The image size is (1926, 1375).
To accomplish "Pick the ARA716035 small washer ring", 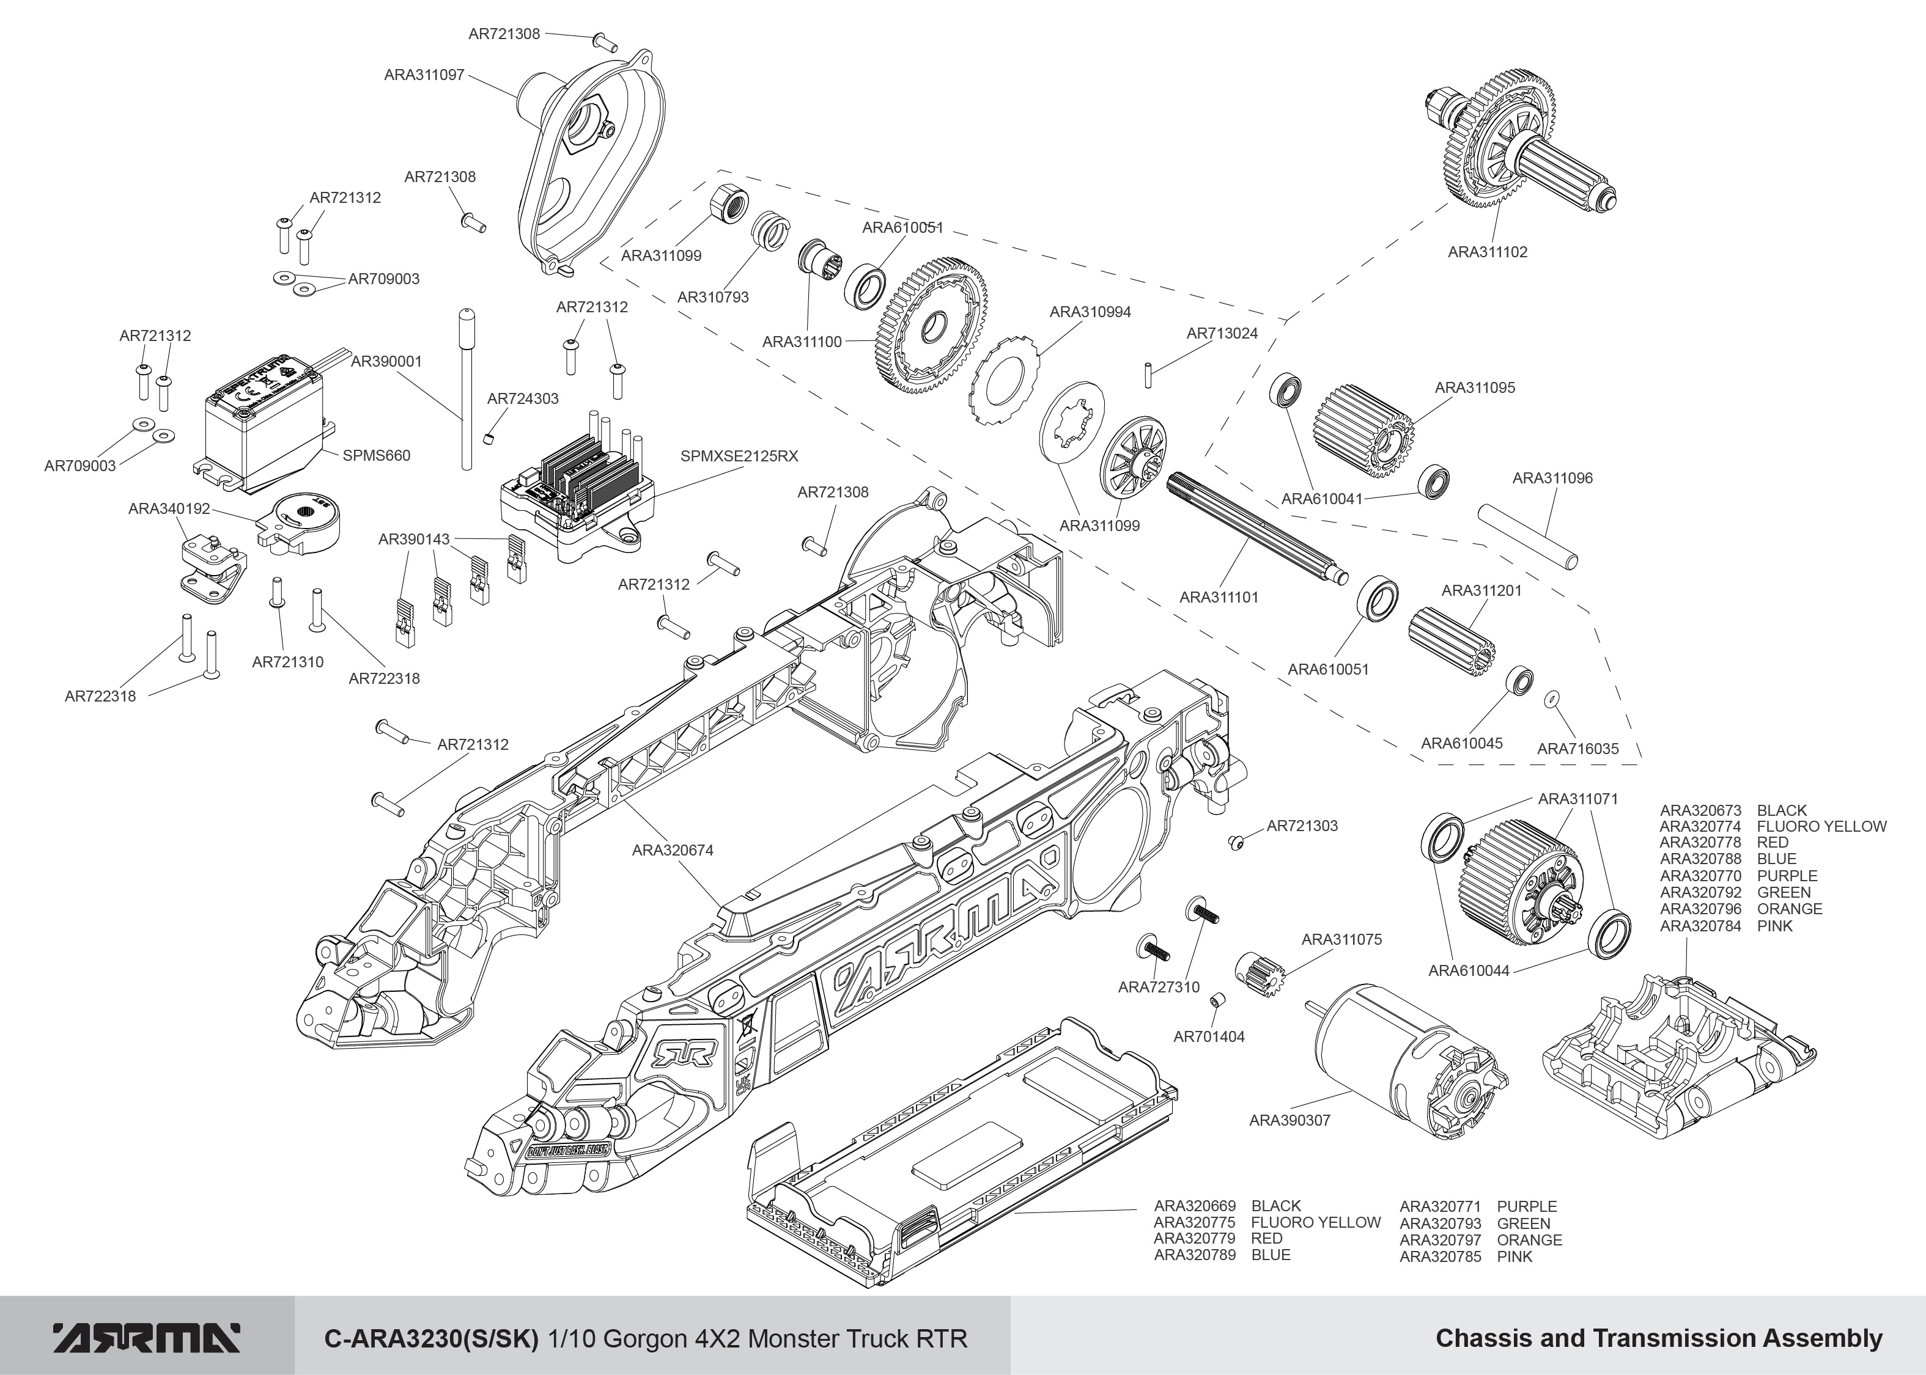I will pyautogui.click(x=1552, y=698).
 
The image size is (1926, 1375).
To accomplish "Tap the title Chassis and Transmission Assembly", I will pyautogui.click(x=1658, y=1338).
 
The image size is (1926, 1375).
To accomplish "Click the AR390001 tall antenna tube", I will pyautogui.click(x=466, y=389).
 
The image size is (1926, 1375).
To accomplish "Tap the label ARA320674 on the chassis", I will pyautogui.click(x=673, y=850).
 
